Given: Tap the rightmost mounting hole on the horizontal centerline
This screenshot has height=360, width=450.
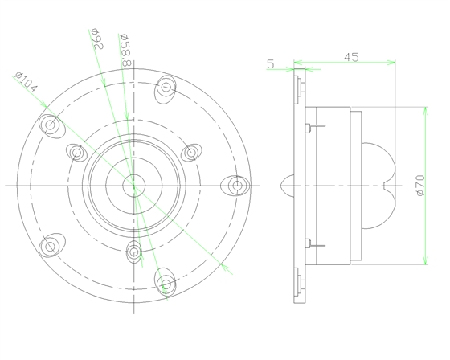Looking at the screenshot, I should pos(236,186).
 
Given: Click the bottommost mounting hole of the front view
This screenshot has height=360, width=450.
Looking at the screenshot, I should pos(166,284).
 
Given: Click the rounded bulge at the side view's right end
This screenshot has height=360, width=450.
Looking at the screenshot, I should pos(383,186).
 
